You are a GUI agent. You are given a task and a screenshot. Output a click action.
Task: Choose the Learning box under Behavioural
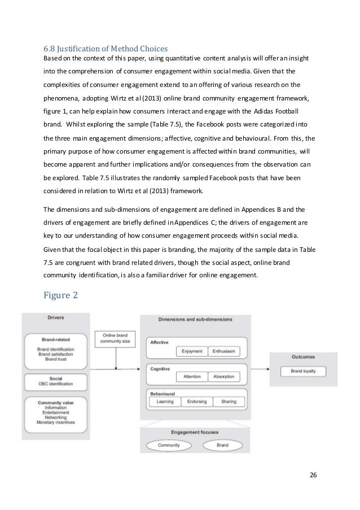tap(164, 402)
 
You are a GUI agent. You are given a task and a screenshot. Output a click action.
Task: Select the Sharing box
tap(229, 402)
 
